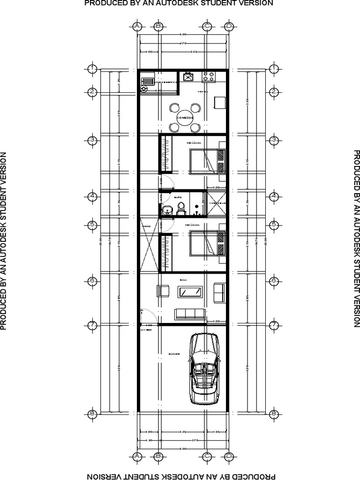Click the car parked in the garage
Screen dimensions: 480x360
(204, 369)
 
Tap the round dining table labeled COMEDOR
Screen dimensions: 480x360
(184, 117)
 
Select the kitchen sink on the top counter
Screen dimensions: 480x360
(188, 76)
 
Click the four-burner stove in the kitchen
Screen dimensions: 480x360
(209, 76)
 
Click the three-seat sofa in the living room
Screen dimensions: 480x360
(189, 314)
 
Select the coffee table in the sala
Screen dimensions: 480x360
(190, 292)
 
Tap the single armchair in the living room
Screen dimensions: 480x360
(163, 291)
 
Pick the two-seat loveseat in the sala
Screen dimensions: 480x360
(219, 292)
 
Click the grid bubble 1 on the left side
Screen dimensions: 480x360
(93, 69)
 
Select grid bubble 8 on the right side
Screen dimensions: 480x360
(274, 413)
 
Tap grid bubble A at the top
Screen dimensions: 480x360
(137, 26)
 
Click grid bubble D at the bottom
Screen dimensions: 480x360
(229, 456)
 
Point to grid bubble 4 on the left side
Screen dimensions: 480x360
(93, 196)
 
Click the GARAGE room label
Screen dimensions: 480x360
(174, 354)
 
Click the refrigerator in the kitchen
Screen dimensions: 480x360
(219, 102)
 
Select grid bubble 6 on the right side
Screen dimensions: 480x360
(274, 280)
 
